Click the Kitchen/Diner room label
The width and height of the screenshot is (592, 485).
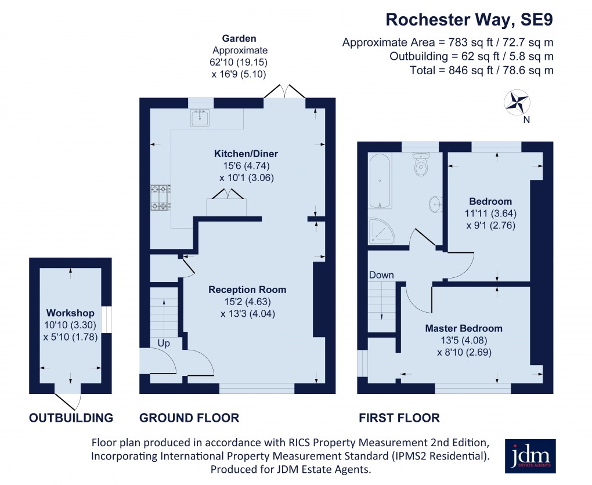246,154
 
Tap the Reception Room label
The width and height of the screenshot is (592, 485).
247,289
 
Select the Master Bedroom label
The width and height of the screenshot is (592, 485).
464,328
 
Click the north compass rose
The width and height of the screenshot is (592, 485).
518,103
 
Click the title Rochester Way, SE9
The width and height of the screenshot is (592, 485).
469,20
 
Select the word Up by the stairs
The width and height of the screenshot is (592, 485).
164,343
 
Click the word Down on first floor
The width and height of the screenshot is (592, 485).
381,275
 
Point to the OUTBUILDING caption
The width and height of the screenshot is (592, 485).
71,418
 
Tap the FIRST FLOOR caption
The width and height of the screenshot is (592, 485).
399,418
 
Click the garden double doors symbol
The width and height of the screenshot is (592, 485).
285,92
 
